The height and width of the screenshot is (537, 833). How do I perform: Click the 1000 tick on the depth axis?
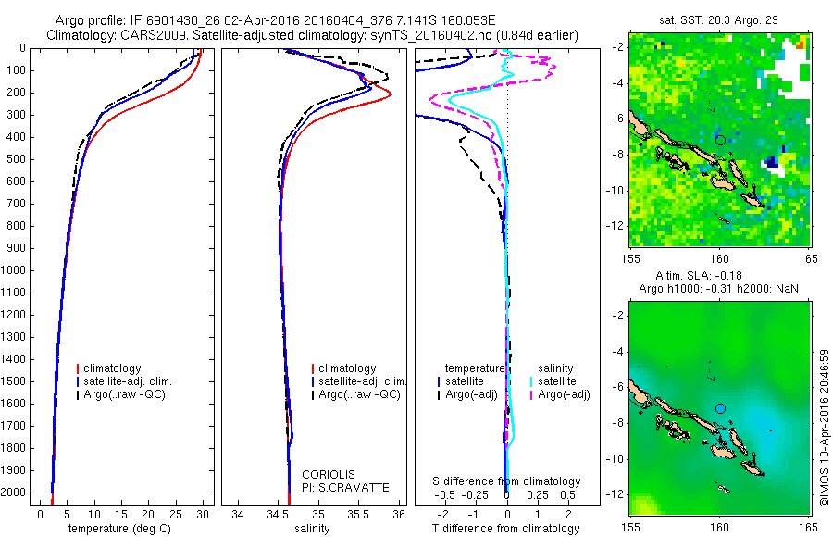[x=16, y=270]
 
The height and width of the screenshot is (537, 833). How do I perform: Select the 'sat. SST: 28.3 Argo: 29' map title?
[x=719, y=20]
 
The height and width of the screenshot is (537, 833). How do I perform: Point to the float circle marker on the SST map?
[x=720, y=140]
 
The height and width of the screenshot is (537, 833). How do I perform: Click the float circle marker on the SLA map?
[x=720, y=408]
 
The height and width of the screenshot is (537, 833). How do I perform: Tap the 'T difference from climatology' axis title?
[x=506, y=529]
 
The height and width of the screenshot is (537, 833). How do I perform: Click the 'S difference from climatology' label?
[x=507, y=481]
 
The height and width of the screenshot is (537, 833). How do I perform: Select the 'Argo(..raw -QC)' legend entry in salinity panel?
[x=358, y=394]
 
